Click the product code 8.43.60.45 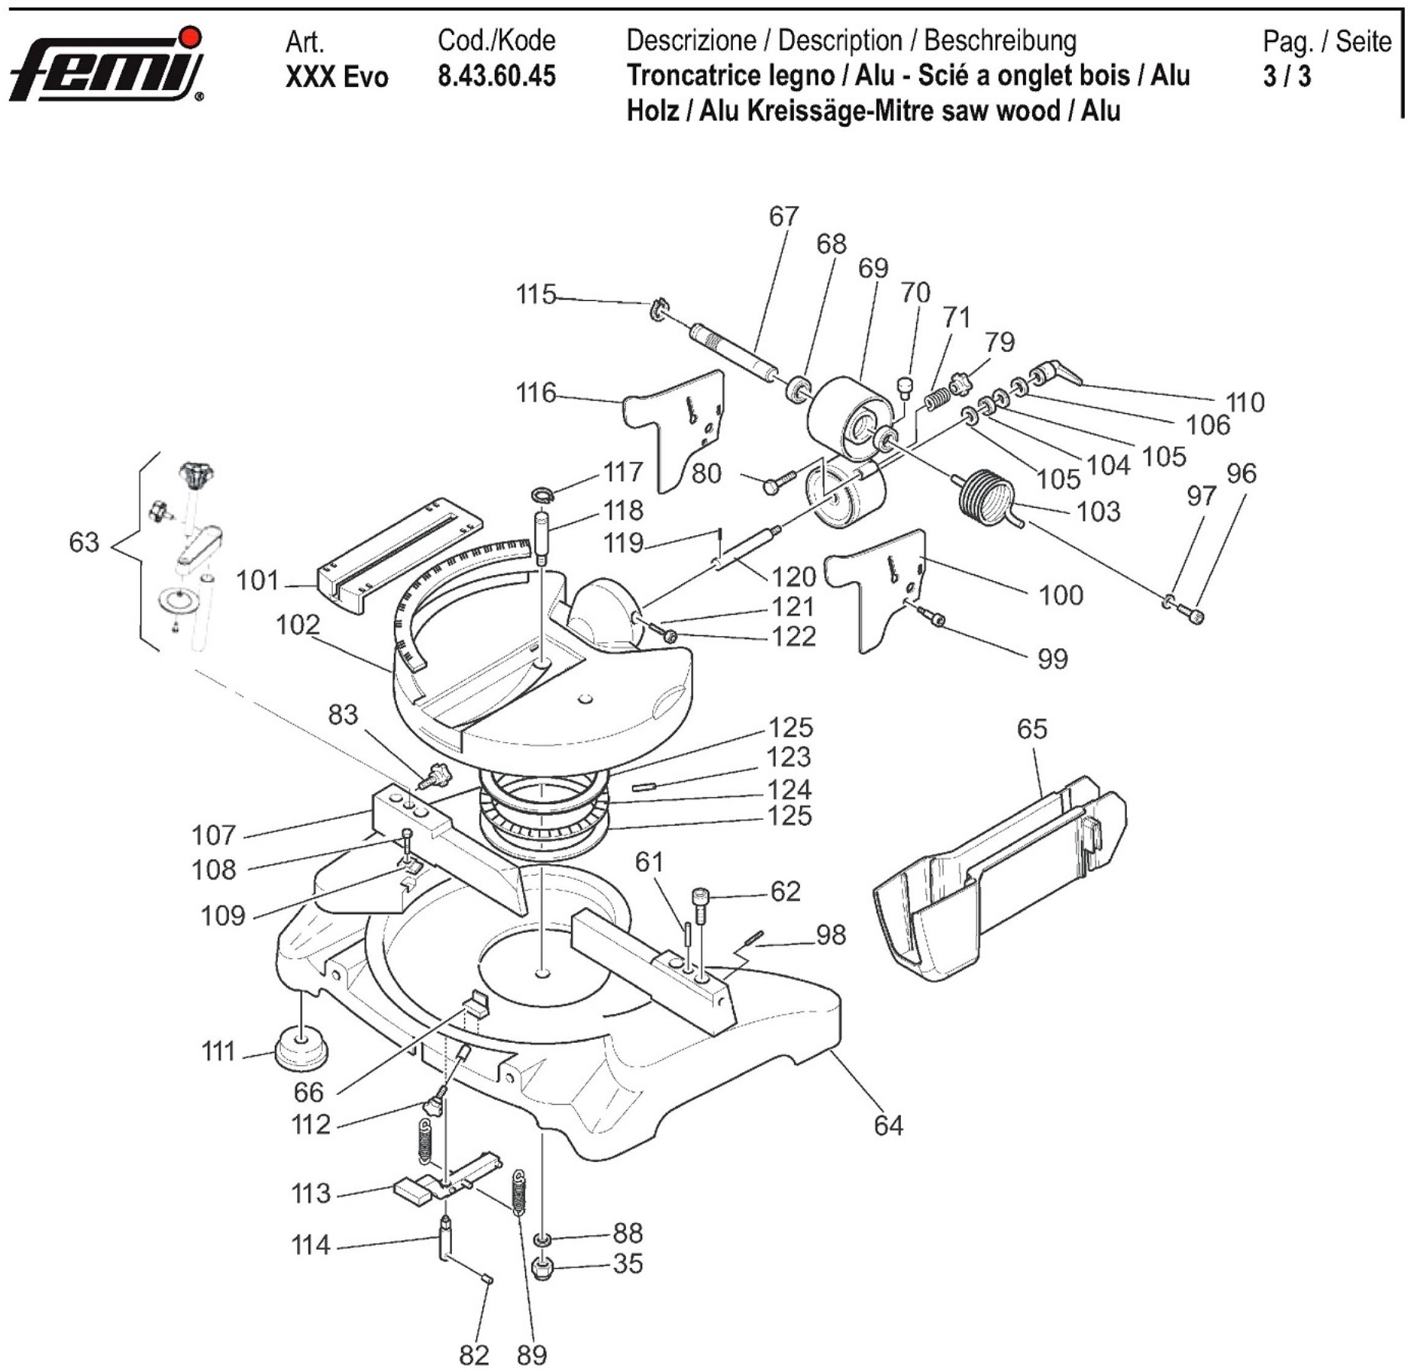[x=496, y=76]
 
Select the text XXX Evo [x=336, y=77]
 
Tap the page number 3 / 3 [x=1287, y=76]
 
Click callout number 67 [x=783, y=217]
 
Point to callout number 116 [x=535, y=393]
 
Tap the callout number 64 [x=888, y=1125]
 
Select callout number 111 [x=218, y=1052]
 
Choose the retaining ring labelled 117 [x=541, y=496]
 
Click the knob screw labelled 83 [x=437, y=778]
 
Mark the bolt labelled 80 [x=779, y=482]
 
